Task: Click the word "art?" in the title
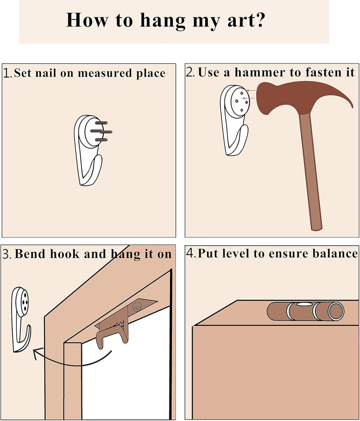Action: [x=246, y=20]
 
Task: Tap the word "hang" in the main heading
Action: [x=163, y=21]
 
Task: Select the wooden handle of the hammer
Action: [x=311, y=172]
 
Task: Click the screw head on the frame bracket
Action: [x=136, y=307]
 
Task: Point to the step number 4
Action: [x=190, y=254]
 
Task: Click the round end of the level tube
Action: [x=336, y=311]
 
